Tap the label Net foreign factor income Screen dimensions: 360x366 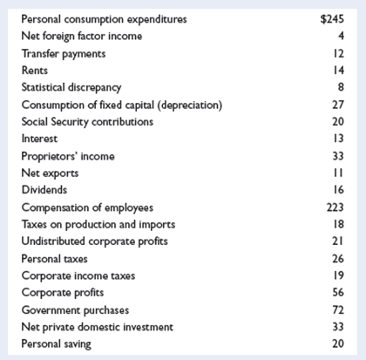pos(80,36)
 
